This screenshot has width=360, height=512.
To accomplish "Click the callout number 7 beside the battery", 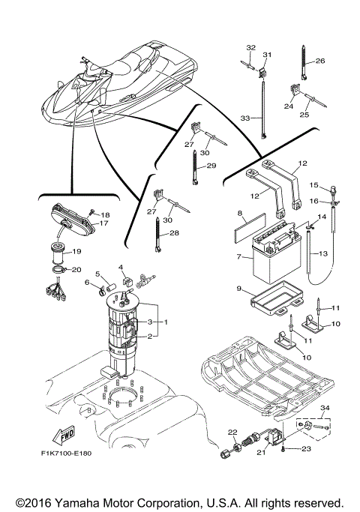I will [x=239, y=257].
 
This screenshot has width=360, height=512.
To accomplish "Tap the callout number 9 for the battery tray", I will [x=239, y=289].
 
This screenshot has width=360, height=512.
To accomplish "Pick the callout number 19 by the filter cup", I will [x=76, y=253].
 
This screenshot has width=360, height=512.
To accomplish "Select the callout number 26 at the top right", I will [x=319, y=61].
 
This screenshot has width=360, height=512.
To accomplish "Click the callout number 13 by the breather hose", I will [x=323, y=253].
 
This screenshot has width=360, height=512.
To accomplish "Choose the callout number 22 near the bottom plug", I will [x=232, y=432].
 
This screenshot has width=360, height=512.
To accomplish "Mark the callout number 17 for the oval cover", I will [x=105, y=223].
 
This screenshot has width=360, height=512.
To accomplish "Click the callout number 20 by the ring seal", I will [x=76, y=270].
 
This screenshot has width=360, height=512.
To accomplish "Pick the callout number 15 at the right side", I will [x=314, y=184].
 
